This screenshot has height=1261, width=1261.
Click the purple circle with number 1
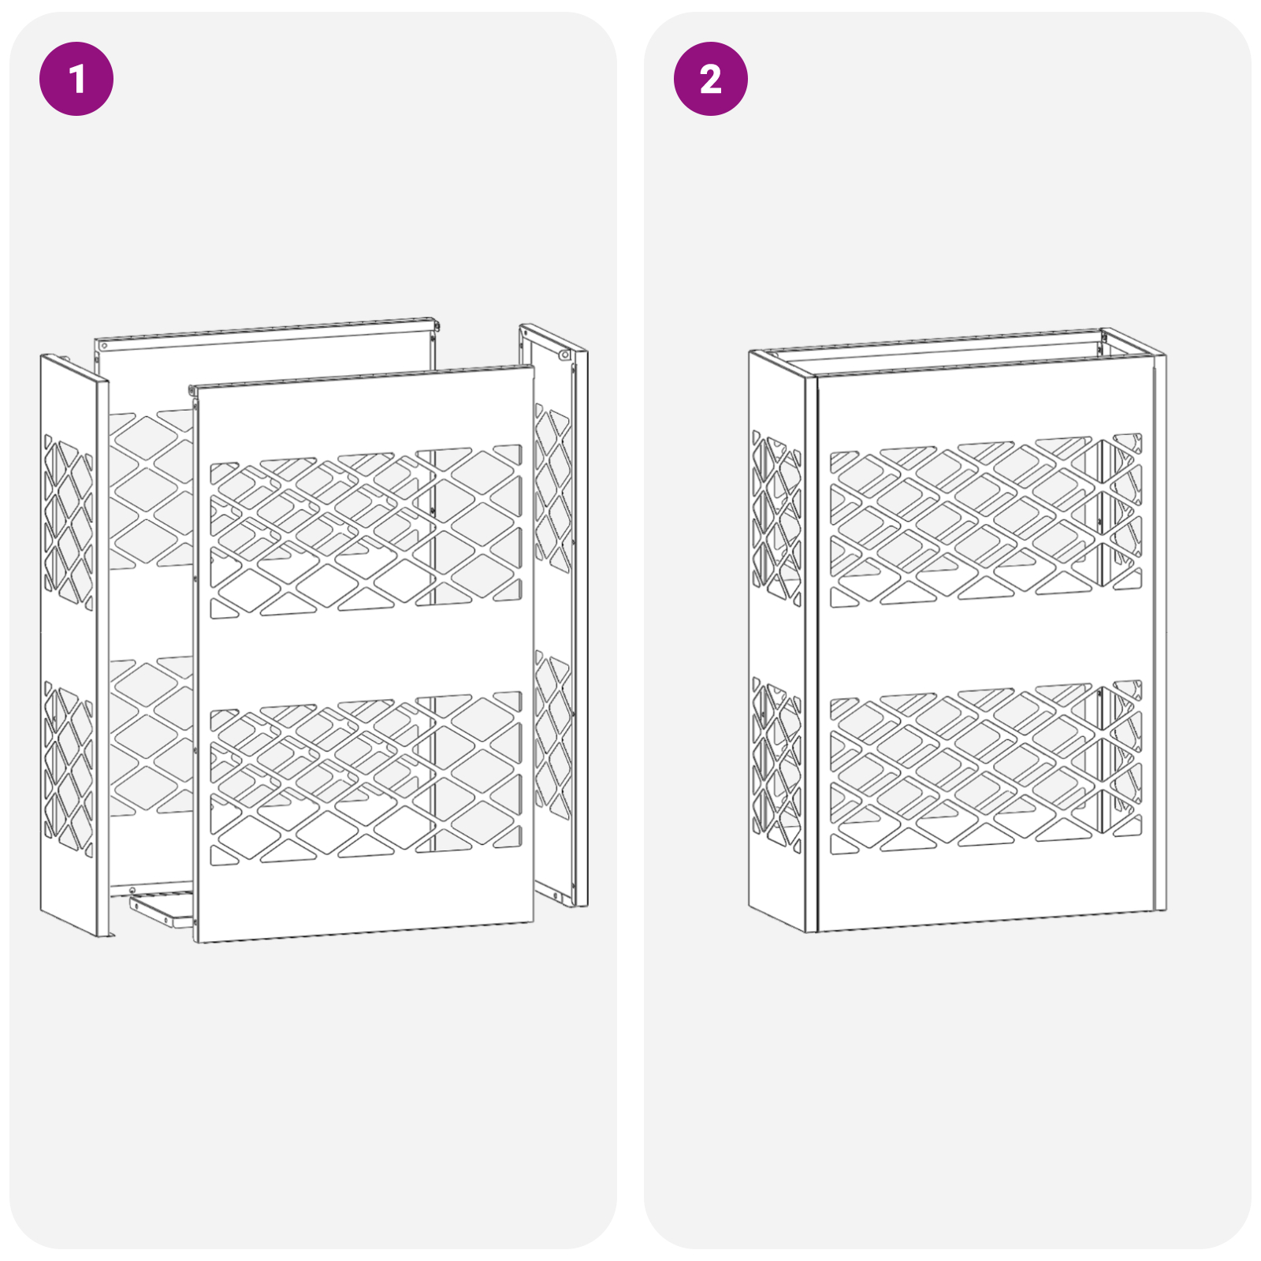(76, 79)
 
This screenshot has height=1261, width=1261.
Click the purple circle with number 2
(710, 79)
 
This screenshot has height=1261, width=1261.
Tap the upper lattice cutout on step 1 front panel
(366, 533)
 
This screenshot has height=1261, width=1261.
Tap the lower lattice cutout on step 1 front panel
(366, 779)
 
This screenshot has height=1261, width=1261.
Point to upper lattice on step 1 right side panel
(552, 489)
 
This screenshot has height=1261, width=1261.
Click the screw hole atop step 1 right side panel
(564, 355)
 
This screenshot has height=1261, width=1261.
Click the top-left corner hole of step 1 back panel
(104, 346)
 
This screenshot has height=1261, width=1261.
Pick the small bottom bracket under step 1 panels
(161, 909)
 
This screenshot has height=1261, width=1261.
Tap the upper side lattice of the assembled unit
(776, 516)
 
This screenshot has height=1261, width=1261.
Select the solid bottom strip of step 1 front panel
(366, 898)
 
